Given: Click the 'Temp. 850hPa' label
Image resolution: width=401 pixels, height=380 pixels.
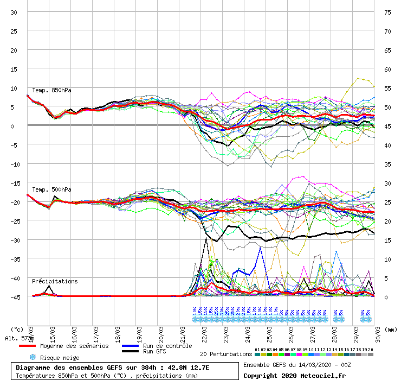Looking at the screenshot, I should point(51,90).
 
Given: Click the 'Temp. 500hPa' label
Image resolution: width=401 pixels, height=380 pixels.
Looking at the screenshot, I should point(51,189).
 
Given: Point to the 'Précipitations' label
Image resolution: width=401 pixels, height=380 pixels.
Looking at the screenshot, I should point(55,281).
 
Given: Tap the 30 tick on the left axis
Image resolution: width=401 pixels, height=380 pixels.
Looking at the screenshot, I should point(14,12).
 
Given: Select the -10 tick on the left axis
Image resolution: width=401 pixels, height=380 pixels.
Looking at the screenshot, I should point(14,164).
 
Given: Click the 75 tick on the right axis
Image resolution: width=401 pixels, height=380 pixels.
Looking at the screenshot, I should point(387,12).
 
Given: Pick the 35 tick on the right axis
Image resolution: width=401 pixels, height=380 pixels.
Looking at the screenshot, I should point(387,164).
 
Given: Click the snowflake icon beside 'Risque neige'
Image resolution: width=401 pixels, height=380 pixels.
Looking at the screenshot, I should point(33,357).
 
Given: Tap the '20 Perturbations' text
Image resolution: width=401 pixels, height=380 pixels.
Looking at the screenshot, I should point(225,354).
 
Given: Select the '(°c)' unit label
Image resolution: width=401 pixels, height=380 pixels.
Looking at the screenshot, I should point(17,329).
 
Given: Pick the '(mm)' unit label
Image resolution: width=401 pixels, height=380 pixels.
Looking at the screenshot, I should point(390,329).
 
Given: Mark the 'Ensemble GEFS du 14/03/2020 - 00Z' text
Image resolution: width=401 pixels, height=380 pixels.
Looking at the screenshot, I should point(297,365).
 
